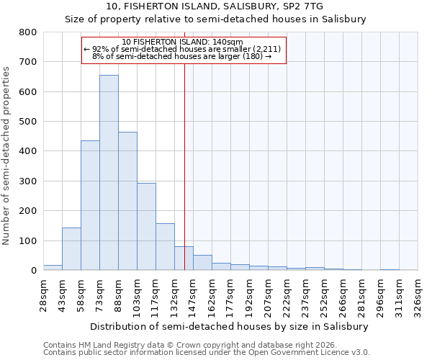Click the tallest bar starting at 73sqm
109,173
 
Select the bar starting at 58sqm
90,205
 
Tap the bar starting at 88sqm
127,201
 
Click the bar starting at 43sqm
71,249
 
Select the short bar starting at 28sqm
53,267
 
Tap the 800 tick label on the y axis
27,32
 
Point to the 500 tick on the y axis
27,122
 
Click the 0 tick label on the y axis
33,271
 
